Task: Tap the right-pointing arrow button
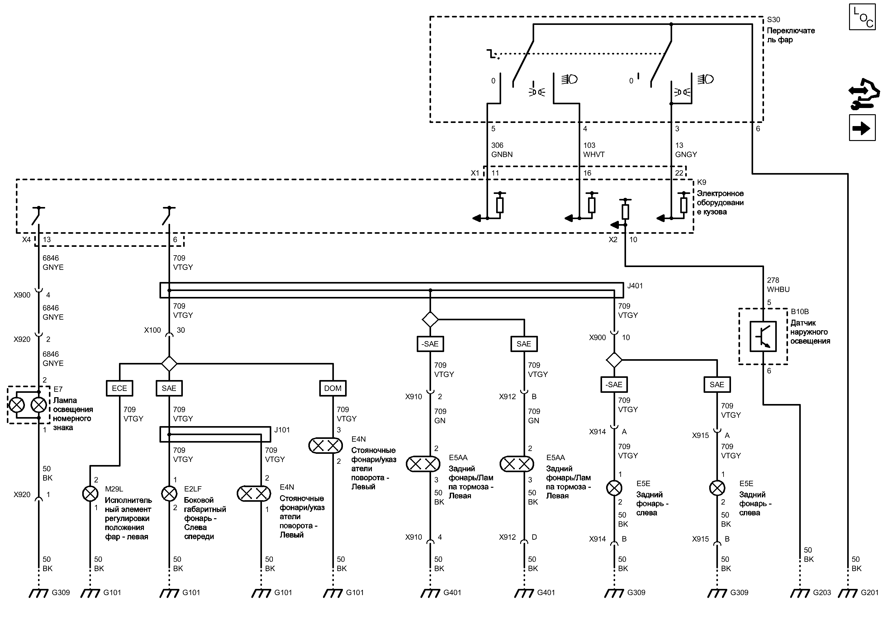click(862, 128)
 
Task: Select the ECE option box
click(119, 388)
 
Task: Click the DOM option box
click(333, 388)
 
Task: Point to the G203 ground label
click(822, 593)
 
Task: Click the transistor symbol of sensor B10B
click(763, 337)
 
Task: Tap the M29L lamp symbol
click(91, 494)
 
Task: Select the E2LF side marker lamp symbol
click(169, 494)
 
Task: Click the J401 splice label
click(635, 286)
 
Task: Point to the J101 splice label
click(282, 430)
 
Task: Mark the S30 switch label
click(774, 20)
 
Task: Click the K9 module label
click(702, 182)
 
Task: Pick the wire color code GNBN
click(502, 155)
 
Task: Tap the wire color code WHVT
click(594, 155)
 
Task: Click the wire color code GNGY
click(686, 155)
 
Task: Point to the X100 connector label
click(153, 330)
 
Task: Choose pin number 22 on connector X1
click(679, 173)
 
